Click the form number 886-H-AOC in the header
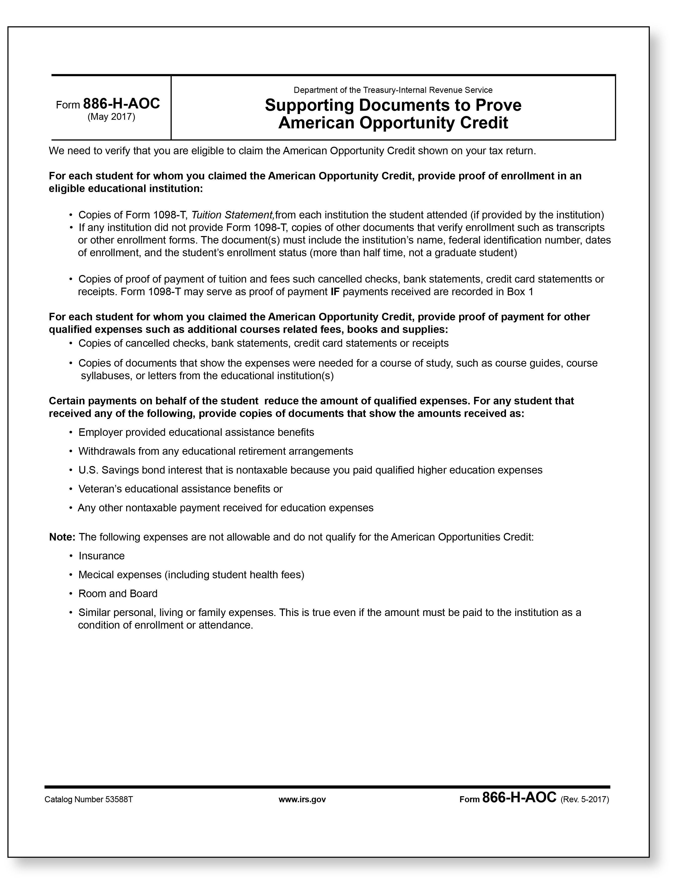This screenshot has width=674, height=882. pyautogui.click(x=121, y=104)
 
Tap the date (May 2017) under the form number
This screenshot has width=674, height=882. pyautogui.click(x=111, y=117)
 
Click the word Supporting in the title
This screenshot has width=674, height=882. pyautogui.click(x=309, y=105)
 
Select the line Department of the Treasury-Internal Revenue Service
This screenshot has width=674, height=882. pyautogui.click(x=393, y=90)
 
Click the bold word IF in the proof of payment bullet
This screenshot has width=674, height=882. pyautogui.click(x=335, y=292)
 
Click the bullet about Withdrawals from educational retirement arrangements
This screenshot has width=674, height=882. pyautogui.click(x=216, y=451)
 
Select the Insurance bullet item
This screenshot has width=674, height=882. pyautogui.click(x=102, y=556)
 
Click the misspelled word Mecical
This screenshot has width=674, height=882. pyautogui.click(x=94, y=575)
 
